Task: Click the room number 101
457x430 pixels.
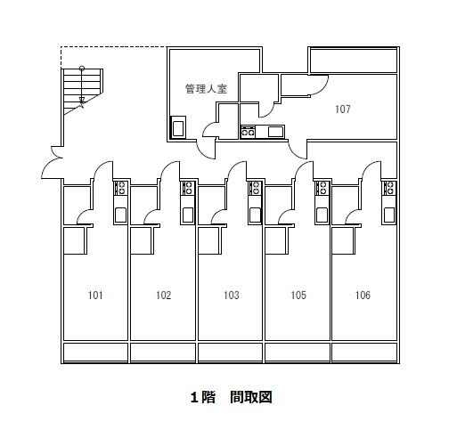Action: [95, 296]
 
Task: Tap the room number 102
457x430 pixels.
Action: [164, 296]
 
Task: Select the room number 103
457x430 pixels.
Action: [232, 296]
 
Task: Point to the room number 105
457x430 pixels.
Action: [298, 296]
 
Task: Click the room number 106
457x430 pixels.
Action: [363, 296]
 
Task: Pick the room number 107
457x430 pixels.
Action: [343, 110]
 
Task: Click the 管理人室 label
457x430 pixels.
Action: [206, 88]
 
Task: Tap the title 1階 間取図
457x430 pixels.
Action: [231, 397]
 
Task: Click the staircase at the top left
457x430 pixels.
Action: [82, 91]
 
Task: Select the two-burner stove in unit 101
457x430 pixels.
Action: [121, 188]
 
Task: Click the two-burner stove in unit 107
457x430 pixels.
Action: [248, 132]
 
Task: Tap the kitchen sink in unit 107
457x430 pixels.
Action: [275, 132]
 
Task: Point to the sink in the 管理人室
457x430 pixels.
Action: [178, 128]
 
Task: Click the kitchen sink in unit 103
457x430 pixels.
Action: [255, 215]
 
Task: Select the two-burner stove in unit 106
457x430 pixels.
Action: [389, 188]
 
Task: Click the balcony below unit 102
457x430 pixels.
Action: [163, 353]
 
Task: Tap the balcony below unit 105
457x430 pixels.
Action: [298, 353]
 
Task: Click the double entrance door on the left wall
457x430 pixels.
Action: [53, 163]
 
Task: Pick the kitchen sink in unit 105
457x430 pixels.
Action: [322, 215]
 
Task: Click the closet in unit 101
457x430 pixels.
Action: [75, 239]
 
